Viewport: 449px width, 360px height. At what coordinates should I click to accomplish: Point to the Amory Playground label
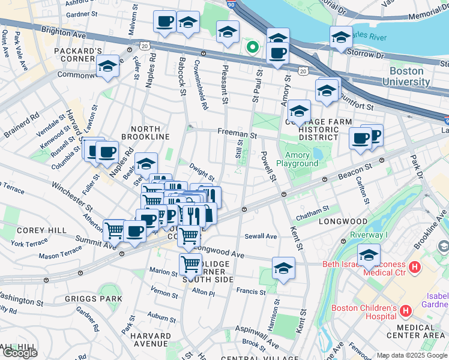[x=297, y=158]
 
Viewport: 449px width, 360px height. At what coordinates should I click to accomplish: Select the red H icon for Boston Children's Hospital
[x=406, y=311]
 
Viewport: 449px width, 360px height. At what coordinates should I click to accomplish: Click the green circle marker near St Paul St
[x=253, y=46]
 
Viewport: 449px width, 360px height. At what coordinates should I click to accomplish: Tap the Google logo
[x=20, y=353]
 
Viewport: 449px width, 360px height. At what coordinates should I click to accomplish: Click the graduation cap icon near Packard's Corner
[x=107, y=66]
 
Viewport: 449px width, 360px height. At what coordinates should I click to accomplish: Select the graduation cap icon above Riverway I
[x=369, y=254]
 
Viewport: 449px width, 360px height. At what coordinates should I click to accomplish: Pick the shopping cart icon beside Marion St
[x=190, y=263]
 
